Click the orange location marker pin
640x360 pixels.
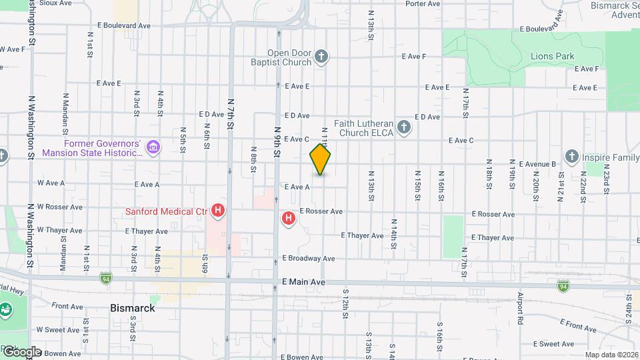[x=320, y=159]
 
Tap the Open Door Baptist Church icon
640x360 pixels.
[x=321, y=57]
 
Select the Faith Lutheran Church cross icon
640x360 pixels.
[x=403, y=127]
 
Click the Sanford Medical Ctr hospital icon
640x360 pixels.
[x=217, y=212]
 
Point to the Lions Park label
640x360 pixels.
[x=552, y=57]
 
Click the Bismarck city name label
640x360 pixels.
[x=132, y=308]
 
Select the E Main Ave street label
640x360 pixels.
[x=303, y=283]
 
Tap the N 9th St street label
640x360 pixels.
[x=277, y=133]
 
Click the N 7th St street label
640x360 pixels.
[x=231, y=113]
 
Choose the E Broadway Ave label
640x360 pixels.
[x=308, y=258]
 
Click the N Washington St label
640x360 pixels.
[x=31, y=127]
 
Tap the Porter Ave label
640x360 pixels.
[x=423, y=3]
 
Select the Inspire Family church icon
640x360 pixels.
[x=571, y=157]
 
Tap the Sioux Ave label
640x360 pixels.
[x=56, y=3]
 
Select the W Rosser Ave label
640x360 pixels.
[x=60, y=207]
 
